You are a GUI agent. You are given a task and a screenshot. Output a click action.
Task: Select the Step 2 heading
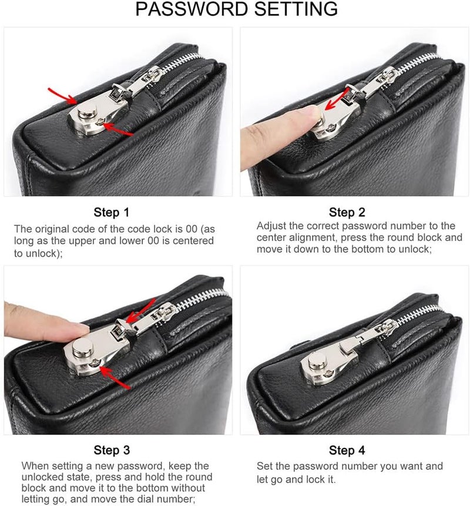[347, 212]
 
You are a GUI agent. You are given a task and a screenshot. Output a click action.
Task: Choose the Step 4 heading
[347, 451]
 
